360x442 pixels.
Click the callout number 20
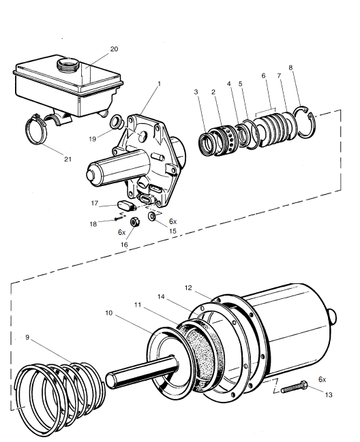pyautogui.click(x=114, y=49)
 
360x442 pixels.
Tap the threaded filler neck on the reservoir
pyautogui.click(x=68, y=65)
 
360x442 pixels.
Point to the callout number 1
pyautogui.click(x=160, y=84)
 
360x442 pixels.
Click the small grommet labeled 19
pyautogui.click(x=117, y=122)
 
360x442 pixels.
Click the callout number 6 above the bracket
pyautogui.click(x=263, y=76)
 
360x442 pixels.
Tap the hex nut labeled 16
pyautogui.click(x=135, y=222)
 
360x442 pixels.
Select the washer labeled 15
pyautogui.click(x=152, y=217)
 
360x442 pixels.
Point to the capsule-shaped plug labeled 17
pyautogui.click(x=127, y=206)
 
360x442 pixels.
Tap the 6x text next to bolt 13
pyautogui.click(x=322, y=379)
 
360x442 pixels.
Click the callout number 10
pyautogui.click(x=109, y=313)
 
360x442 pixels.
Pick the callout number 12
pyautogui.click(x=188, y=288)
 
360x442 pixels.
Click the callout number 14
pyautogui.click(x=161, y=296)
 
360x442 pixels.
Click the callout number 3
pyautogui.click(x=196, y=92)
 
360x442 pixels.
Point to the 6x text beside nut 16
pyautogui.click(x=121, y=232)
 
